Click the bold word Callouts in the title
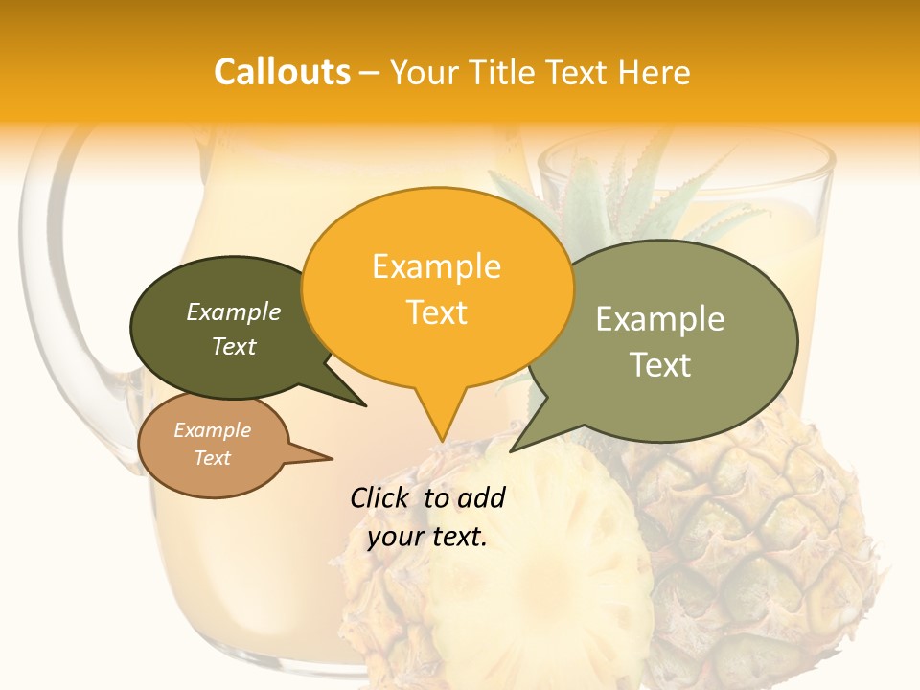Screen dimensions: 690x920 [x=282, y=72]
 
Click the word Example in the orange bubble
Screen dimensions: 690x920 [x=436, y=266]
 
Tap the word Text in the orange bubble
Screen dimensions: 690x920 [x=436, y=312]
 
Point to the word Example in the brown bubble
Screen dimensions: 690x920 [x=212, y=430]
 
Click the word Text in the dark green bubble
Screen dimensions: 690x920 [x=234, y=347]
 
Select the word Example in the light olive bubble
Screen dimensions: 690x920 [x=660, y=318]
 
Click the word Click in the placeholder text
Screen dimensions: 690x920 [x=381, y=497]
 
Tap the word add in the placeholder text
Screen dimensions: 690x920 [x=481, y=497]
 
